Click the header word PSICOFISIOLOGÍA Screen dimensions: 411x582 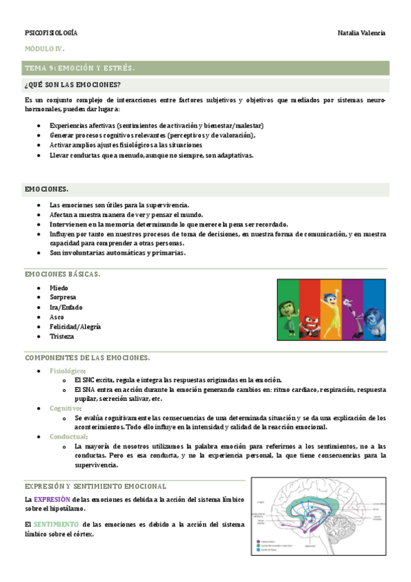point(51,33)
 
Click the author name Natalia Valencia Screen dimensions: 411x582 point(362,33)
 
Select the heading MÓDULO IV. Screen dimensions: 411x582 point(45,50)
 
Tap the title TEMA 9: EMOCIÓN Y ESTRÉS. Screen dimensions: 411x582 point(80,69)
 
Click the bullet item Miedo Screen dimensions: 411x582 point(59,288)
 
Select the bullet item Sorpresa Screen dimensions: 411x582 point(62,297)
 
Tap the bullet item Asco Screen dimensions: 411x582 point(57,317)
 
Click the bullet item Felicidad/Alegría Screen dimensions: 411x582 point(75,327)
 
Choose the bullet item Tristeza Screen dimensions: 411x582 point(62,336)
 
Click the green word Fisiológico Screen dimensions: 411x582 point(67,371)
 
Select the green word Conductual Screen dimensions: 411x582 point(68,436)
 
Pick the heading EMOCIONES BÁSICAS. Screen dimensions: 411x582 point(62,274)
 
